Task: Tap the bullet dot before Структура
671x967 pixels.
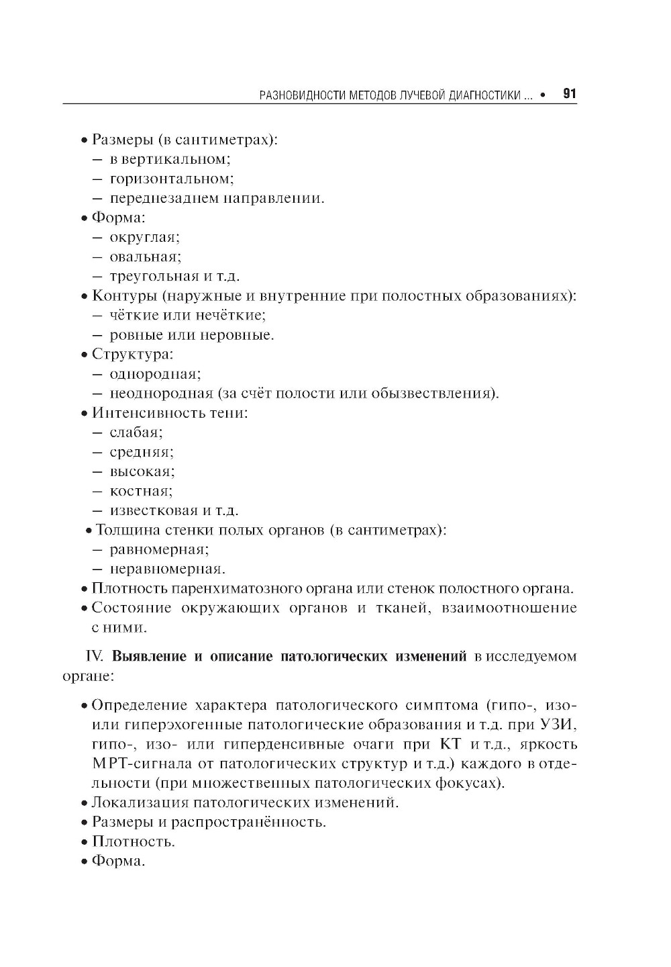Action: click(84, 355)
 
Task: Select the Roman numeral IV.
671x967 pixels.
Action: click(94, 656)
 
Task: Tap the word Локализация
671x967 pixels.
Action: click(140, 802)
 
